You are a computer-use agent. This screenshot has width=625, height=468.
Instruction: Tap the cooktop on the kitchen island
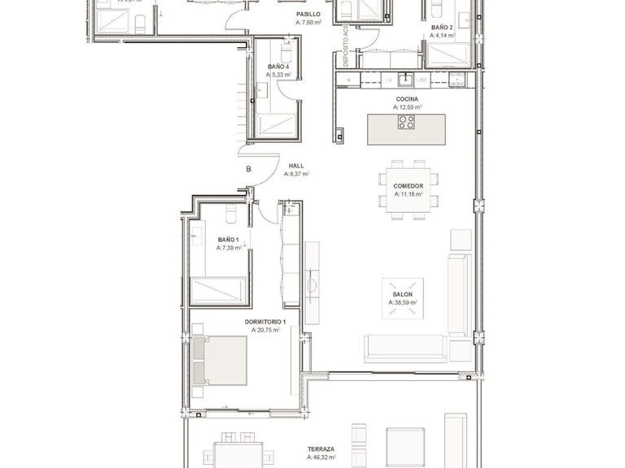[405, 123]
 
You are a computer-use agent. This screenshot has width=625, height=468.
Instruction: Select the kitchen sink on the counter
[404, 79]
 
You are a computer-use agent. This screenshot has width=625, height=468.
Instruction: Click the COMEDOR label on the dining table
[408, 186]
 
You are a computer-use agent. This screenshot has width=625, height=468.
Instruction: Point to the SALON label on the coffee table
[403, 294]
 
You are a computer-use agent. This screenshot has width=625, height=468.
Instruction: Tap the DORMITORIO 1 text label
[264, 322]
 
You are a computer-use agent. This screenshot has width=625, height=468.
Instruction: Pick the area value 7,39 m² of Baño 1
[229, 249]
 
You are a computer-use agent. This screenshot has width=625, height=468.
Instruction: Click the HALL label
[295, 165]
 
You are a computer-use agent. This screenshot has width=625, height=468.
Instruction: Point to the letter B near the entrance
[249, 170]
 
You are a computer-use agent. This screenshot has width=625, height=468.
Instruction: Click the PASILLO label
[308, 15]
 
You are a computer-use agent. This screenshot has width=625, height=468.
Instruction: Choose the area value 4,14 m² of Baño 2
[442, 36]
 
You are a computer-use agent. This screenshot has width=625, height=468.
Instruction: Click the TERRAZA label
[321, 448]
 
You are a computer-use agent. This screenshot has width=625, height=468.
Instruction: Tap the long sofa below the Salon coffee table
[404, 348]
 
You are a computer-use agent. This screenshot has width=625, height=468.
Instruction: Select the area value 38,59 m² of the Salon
[403, 302]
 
